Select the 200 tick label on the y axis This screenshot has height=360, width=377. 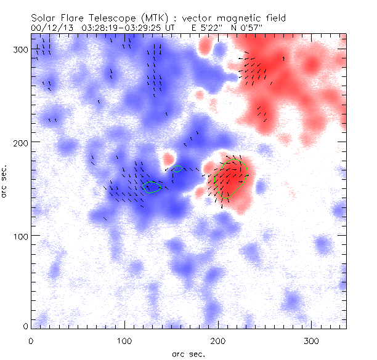tap(20, 143)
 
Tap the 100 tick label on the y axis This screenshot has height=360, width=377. tap(20, 236)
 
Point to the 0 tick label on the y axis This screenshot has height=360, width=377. tap(25, 326)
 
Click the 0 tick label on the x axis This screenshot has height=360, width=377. tap(31, 340)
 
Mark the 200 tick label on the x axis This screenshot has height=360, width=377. tap(217, 340)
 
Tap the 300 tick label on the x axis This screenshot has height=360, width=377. tap(310, 340)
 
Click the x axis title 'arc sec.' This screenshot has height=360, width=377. tap(189, 354)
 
